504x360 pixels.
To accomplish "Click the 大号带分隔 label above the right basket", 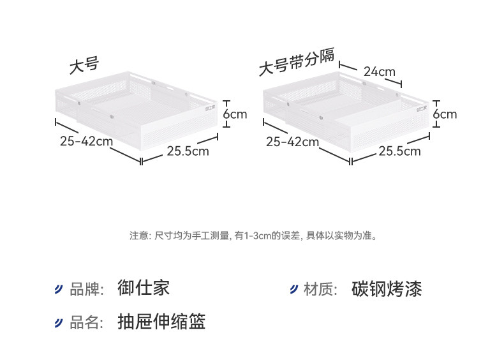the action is pos(296,61).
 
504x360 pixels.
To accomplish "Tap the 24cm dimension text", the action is pos(380,71).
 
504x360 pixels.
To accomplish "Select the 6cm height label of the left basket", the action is pos(235,114).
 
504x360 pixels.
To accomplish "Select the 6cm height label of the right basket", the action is pos(445,114).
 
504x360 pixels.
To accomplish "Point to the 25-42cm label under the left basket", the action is pos(87,141).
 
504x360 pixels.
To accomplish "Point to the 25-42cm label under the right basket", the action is pos(292,142).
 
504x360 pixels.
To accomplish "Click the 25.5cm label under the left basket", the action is pos(188,151).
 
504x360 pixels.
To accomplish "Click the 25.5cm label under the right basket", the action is pos(399,151).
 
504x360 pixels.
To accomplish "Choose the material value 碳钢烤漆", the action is pos(387,289).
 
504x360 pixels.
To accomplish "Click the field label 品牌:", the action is pos(86,289).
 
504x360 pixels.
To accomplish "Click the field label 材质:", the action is pos(320,289).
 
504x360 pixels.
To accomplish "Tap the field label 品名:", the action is pos(86,322).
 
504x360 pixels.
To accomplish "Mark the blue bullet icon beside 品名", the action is pos(59,322).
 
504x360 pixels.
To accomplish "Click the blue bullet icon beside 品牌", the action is pos(59,289).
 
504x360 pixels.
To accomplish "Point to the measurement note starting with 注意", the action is pos(253,236).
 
